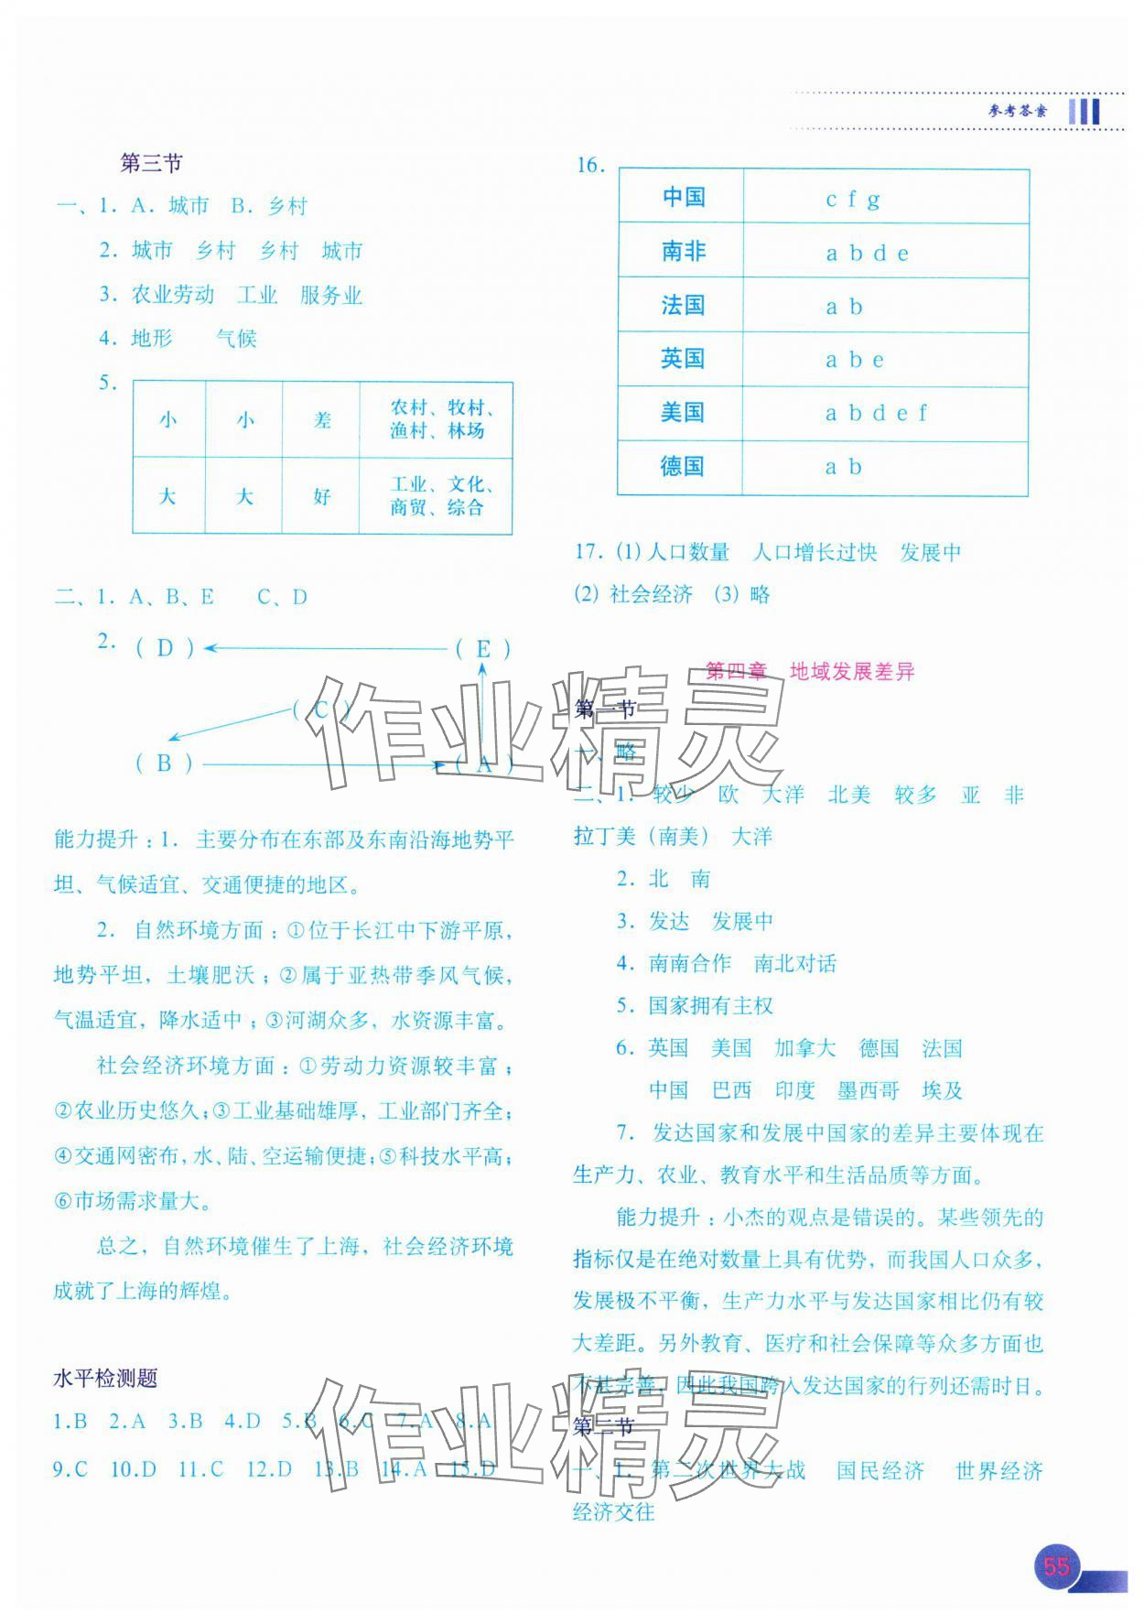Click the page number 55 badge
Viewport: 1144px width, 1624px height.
[1056, 1565]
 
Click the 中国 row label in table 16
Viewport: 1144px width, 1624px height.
[683, 197]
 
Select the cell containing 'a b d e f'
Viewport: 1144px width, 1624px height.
[876, 414]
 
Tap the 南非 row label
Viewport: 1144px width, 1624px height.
[683, 252]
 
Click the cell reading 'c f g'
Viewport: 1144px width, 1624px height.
[853, 199]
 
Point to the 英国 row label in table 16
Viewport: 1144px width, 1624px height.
[682, 359]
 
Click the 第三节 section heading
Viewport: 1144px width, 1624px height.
[151, 164]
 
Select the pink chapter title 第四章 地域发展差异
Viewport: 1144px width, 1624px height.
[810, 671]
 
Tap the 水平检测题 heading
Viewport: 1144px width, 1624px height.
[105, 1378]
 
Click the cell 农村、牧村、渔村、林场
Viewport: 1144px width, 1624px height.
[437, 420]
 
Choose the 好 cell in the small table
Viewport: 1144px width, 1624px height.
[321, 497]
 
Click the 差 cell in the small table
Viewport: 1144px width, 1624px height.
[322, 420]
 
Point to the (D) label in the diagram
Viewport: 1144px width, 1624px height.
[165, 648]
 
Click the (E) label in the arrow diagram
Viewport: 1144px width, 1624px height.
[482, 649]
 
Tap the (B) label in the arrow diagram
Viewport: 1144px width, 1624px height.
[164, 763]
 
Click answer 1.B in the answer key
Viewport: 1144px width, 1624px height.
[70, 1421]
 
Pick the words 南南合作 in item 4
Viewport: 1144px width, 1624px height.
[689, 963]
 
